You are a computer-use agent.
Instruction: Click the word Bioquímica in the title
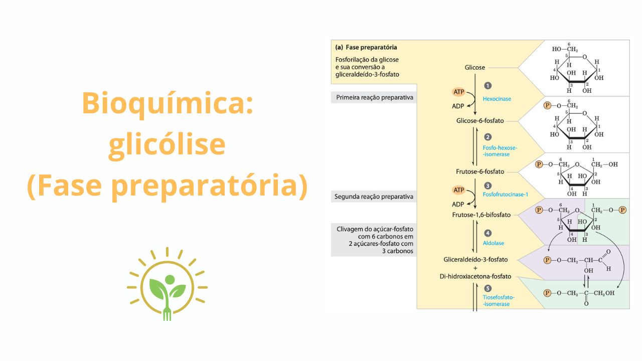click(167, 103)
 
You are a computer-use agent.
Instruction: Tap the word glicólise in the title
click(167, 144)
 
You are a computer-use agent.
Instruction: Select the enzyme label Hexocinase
click(497, 99)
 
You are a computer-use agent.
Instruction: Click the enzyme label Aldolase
click(493, 243)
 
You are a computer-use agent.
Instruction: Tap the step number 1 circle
click(488, 86)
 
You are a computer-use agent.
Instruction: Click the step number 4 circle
click(488, 233)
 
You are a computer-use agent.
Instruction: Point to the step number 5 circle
click(488, 288)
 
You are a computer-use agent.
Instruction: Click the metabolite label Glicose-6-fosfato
click(479, 121)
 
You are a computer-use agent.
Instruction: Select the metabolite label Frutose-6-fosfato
click(480, 171)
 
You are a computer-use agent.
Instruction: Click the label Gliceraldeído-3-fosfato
click(475, 259)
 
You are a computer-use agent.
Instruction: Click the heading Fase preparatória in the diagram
click(371, 48)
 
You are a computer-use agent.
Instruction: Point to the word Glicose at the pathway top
click(474, 67)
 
